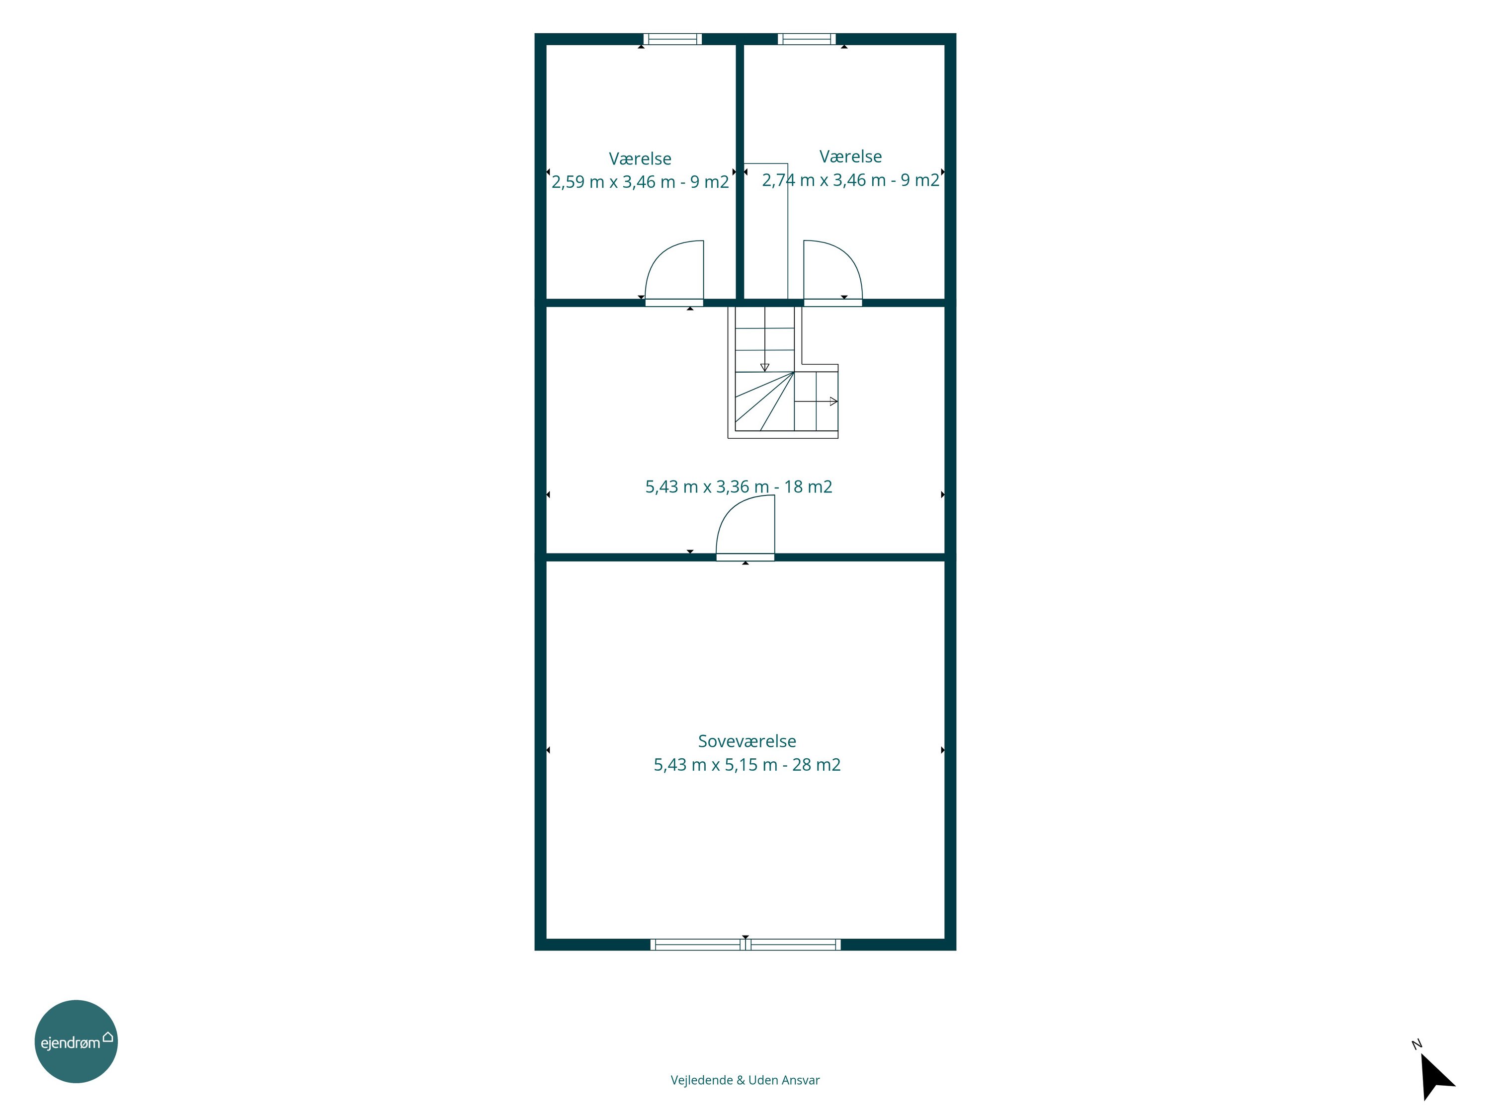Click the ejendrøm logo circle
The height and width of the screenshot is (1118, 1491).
pyautogui.click(x=76, y=1041)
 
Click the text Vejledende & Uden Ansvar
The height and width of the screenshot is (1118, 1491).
pyautogui.click(x=745, y=1080)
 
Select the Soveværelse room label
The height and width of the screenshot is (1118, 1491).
pyautogui.click(x=747, y=741)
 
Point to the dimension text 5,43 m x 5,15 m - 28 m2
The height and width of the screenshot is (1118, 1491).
pyautogui.click(x=747, y=765)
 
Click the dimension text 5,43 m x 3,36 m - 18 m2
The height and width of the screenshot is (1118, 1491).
pyautogui.click(x=739, y=486)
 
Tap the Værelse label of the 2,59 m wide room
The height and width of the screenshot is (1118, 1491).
pyautogui.click(x=640, y=159)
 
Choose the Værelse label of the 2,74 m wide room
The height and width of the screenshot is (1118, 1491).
pyautogui.click(x=851, y=157)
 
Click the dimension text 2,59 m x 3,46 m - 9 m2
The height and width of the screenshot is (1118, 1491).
pyautogui.click(x=640, y=182)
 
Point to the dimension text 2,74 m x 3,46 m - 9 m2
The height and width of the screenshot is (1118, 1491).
pyautogui.click(x=851, y=180)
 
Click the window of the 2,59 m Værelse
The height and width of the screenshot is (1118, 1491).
pyautogui.click(x=672, y=39)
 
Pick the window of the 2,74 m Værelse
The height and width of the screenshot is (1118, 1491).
pyautogui.click(x=807, y=39)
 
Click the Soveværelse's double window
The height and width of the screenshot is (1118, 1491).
pyautogui.click(x=745, y=945)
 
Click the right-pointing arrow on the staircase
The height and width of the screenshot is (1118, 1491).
pyautogui.click(x=816, y=401)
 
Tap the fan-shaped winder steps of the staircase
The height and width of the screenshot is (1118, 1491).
pyautogui.click(x=764, y=401)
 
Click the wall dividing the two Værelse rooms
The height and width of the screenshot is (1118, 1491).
pyautogui.click(x=740, y=172)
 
